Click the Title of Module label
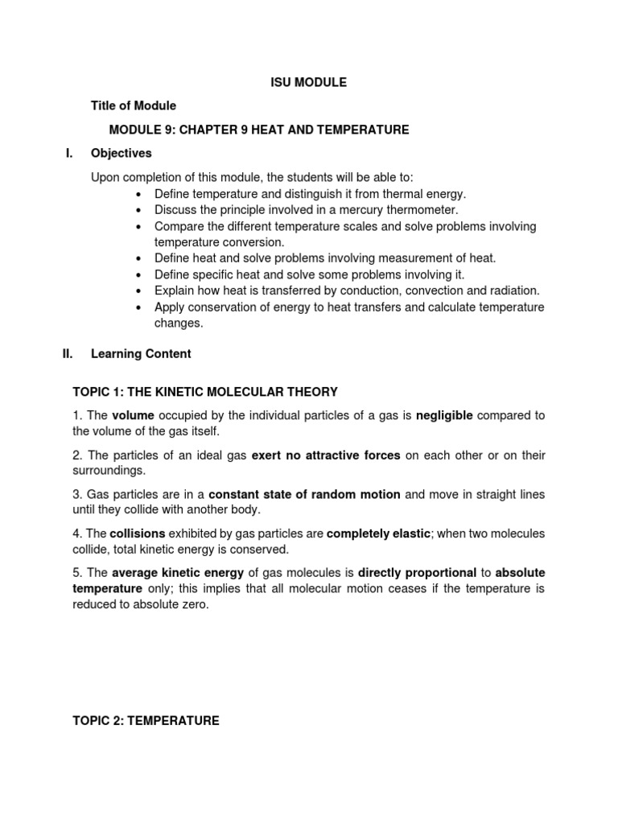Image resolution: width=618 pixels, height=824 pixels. click(134, 105)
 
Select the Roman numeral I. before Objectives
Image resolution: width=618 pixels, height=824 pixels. click(68, 153)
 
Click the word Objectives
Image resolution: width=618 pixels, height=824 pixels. click(122, 153)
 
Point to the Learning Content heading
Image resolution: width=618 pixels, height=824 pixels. click(141, 353)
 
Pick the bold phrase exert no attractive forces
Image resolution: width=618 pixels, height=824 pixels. click(326, 455)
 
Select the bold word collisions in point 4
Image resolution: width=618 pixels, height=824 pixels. click(137, 534)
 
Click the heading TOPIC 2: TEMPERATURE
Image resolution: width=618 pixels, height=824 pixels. click(146, 721)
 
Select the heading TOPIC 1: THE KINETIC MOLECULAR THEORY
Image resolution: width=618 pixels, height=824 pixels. click(205, 392)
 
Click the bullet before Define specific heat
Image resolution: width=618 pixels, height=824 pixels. click(139, 274)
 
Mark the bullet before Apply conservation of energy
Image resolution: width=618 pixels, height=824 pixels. click(139, 307)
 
